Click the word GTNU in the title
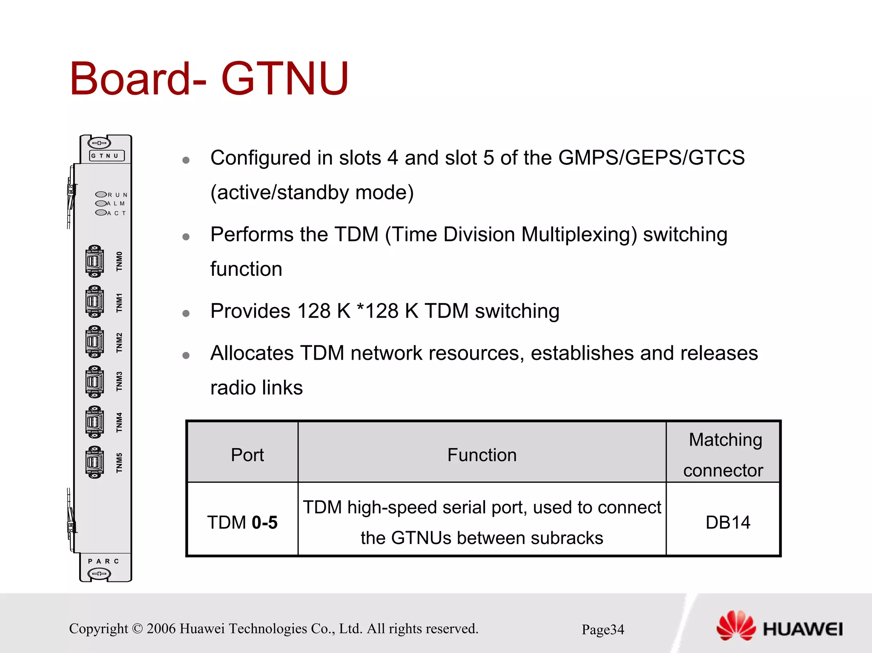pos(284,79)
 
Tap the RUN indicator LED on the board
pos(101,195)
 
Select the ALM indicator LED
pos(101,203)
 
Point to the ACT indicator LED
pos(101,212)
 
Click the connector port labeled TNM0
pos(95,261)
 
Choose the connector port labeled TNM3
pos(95,381)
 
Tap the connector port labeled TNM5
pos(95,462)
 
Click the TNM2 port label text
pos(119,342)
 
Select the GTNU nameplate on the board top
pos(106,156)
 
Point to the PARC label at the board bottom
pos(103,561)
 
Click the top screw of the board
pos(99,143)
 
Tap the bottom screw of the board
pos(99,574)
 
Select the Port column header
pos(247,455)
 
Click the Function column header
pos(482,455)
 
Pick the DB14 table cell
pos(727,522)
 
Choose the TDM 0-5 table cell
pos(242,522)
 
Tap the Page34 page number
pos(602,629)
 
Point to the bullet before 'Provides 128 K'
pos(186,313)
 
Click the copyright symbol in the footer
pos(137,628)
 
